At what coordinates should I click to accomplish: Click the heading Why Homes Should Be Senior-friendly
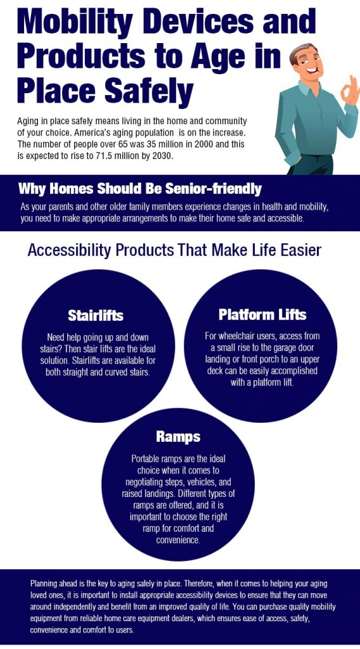[140, 189]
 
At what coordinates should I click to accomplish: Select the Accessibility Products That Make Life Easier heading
[174, 250]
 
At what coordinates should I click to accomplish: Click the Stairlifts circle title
[96, 316]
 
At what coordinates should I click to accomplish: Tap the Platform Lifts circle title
[262, 314]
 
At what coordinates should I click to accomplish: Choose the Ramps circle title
[178, 437]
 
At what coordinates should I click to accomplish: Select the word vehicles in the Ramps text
[205, 482]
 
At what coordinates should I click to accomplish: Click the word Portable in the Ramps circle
[145, 459]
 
